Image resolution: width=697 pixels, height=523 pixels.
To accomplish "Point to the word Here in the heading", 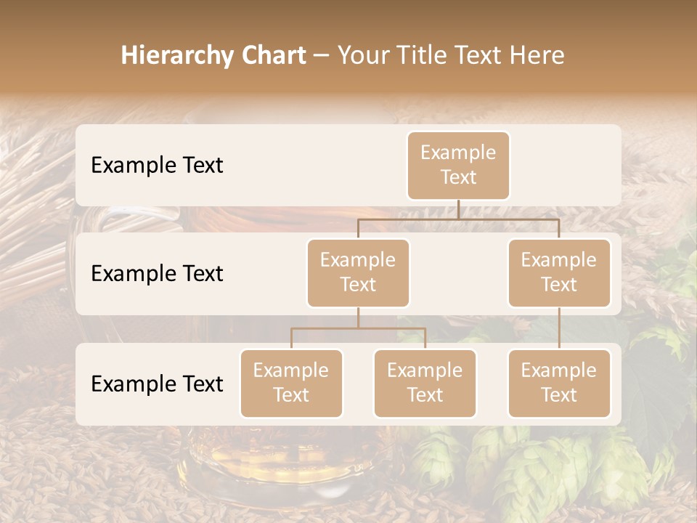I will [x=534, y=56].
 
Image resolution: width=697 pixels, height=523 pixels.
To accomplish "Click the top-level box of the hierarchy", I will [x=458, y=165].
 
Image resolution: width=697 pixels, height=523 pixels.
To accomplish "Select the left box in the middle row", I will [x=358, y=272].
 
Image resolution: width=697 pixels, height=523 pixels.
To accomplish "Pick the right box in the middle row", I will [x=559, y=272].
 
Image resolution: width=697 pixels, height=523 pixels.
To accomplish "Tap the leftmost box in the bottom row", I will [x=291, y=383].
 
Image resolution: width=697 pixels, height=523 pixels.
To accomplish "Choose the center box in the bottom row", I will [x=425, y=383].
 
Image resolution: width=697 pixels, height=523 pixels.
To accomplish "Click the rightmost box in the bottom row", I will [x=559, y=383].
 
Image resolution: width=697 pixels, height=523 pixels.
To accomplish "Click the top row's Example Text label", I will [x=157, y=165].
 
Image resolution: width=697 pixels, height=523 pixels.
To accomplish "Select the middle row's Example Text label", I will [x=157, y=273].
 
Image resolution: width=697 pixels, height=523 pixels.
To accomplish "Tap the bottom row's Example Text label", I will [x=157, y=384].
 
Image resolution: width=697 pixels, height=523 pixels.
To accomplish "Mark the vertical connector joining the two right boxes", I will [x=559, y=328].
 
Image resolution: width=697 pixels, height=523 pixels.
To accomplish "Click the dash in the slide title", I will [x=322, y=56].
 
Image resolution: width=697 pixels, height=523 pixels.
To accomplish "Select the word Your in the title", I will [x=362, y=56].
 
